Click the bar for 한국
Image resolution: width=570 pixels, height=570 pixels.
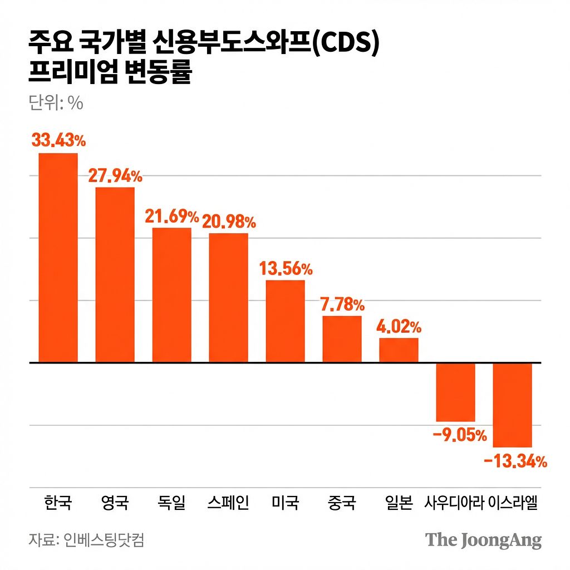pos(58,258)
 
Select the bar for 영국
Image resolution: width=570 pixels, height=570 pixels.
pos(115,275)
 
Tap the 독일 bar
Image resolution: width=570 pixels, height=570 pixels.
pos(172,295)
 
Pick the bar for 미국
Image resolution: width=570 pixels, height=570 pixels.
pos(286,321)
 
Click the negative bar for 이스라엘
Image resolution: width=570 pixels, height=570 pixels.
pos(513,405)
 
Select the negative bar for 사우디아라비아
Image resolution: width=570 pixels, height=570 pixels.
pos(455,392)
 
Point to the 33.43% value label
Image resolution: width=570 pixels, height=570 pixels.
pos(58,140)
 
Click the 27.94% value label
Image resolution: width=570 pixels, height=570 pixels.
pos(115,176)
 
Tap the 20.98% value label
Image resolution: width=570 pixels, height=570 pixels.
pos(229,222)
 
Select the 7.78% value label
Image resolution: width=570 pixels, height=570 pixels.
pos(342,304)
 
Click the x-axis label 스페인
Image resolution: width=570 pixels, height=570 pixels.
pos(228,503)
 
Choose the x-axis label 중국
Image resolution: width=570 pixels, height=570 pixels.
pos(342,503)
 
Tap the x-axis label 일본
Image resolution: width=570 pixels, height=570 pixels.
pos(399,503)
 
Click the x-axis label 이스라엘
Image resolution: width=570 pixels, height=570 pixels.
pos(513,503)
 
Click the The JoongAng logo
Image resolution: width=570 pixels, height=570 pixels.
pos(483,540)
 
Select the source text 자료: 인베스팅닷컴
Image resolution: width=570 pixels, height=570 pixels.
pos(86,540)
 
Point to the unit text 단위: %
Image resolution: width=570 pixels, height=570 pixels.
pos(55,103)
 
